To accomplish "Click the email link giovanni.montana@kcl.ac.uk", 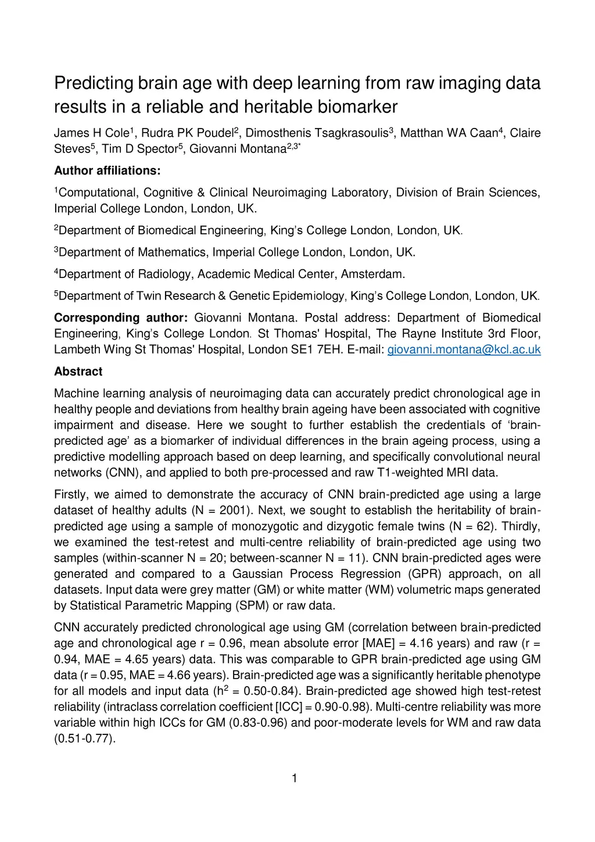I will click(464, 349).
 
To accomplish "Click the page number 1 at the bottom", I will click(295, 778).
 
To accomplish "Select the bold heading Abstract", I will click(78, 372).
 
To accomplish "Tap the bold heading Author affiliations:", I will click(107, 171).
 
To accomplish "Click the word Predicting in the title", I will click(94, 83).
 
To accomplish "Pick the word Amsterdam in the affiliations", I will click(372, 274).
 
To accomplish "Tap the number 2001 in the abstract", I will click(235, 511).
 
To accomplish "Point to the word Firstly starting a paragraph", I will click(71, 495).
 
